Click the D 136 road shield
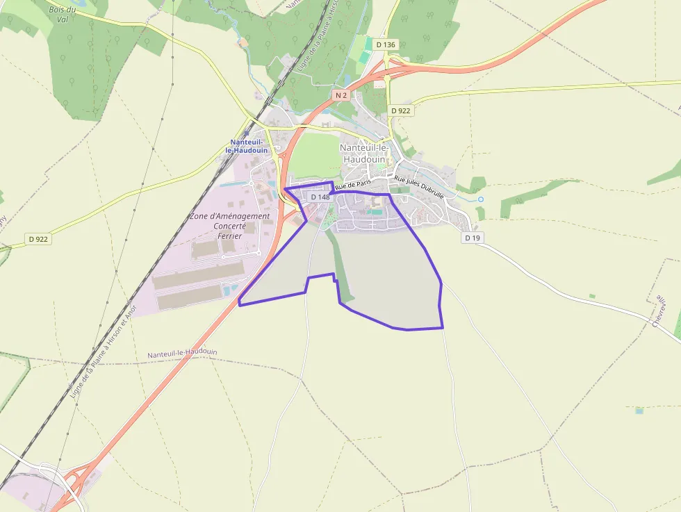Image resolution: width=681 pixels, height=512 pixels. [385, 44]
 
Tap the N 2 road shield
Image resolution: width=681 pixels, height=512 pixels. [340, 94]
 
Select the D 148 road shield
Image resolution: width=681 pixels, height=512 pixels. [320, 197]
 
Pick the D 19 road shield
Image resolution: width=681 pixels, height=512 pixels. [473, 238]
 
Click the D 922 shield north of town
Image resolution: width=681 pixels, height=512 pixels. [401, 110]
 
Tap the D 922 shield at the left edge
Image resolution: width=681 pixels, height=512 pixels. [39, 239]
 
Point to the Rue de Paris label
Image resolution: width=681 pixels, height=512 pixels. [353, 185]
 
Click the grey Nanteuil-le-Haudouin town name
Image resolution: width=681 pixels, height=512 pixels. [366, 153]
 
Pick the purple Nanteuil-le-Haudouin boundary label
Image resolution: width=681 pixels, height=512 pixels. [182, 354]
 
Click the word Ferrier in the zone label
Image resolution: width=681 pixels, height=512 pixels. [229, 236]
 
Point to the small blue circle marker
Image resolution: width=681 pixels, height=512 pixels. [480, 199]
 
